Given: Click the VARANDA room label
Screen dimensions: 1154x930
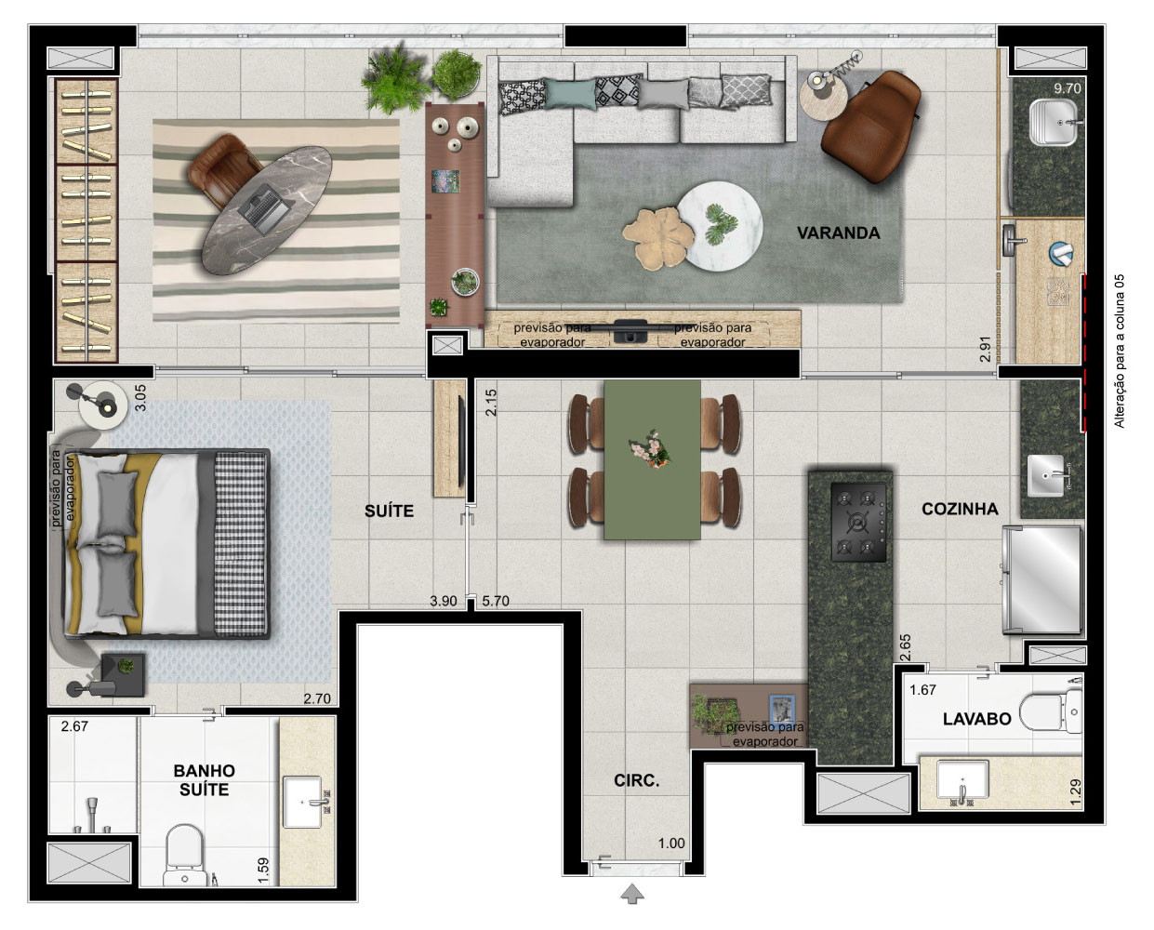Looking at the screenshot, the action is pyautogui.click(x=838, y=233).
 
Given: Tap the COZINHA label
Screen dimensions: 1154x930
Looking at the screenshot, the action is pyautogui.click(x=960, y=509).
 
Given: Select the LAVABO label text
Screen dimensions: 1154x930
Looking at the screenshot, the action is pyautogui.click(x=977, y=719).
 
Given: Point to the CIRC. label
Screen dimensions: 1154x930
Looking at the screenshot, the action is pyautogui.click(x=637, y=780).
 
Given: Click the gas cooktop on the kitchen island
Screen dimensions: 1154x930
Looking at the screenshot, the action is pyautogui.click(x=858, y=522).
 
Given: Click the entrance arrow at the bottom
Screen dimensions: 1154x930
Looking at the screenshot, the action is pyautogui.click(x=632, y=893).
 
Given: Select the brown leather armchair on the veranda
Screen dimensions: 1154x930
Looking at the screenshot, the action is pyautogui.click(x=870, y=126).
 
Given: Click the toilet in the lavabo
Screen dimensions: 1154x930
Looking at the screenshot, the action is pyautogui.click(x=1051, y=711).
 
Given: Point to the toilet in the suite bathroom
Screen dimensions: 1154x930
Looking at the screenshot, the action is pyautogui.click(x=185, y=855).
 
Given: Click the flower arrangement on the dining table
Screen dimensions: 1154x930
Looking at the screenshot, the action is pyautogui.click(x=651, y=449).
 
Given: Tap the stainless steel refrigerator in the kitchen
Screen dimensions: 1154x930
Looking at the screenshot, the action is pyautogui.click(x=1041, y=580).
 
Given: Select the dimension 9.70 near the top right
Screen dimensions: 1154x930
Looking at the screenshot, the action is pyautogui.click(x=1068, y=88).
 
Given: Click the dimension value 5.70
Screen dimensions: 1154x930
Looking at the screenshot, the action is pyautogui.click(x=496, y=601).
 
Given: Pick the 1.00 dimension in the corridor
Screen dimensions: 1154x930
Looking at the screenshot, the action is pyautogui.click(x=671, y=844).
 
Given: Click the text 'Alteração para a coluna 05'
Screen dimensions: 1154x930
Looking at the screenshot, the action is pyautogui.click(x=1120, y=352).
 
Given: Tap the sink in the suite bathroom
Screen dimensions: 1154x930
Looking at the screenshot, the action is pyautogui.click(x=303, y=802).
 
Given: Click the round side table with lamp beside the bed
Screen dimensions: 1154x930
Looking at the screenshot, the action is pyautogui.click(x=102, y=405).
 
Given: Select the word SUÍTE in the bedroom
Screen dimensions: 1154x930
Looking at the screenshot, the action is pyautogui.click(x=390, y=511).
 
